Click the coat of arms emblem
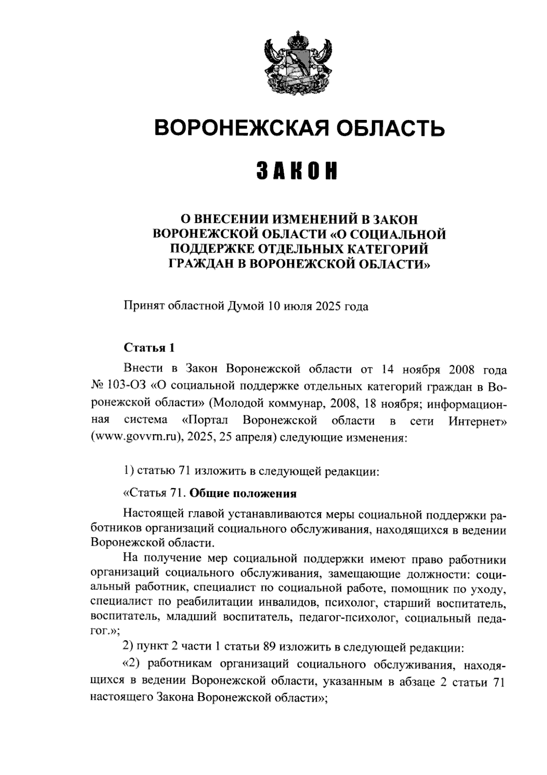coord(299,62)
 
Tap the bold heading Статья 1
coord(150,348)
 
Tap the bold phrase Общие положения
coord(243,494)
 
